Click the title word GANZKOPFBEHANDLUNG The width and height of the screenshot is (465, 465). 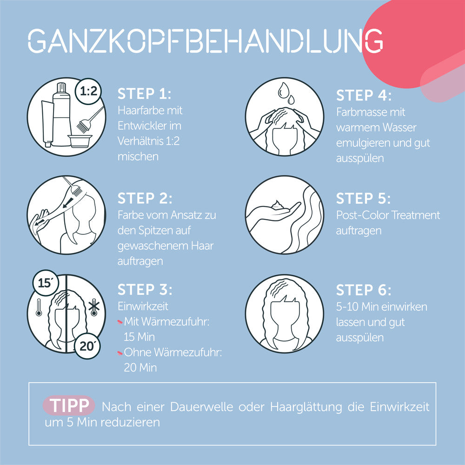click(205, 40)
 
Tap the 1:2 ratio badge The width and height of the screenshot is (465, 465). click(88, 91)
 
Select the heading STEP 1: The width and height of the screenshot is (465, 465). click(145, 94)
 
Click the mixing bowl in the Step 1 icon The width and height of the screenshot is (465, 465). click(80, 141)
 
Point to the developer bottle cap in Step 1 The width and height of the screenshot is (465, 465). click(61, 88)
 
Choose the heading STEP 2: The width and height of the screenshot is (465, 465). click(145, 199)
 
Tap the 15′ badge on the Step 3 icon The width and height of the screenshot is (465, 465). click(46, 283)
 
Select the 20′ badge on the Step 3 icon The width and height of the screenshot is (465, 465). click(87, 346)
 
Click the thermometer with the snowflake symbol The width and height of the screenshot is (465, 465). click(94, 307)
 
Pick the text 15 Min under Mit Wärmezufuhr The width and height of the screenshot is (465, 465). click(139, 337)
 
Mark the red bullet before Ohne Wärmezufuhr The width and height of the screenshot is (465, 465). click(120, 352)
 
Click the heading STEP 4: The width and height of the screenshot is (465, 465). click(364, 95)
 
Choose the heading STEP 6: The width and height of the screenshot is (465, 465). click(364, 290)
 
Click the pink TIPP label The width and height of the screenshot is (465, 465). click(69, 405)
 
